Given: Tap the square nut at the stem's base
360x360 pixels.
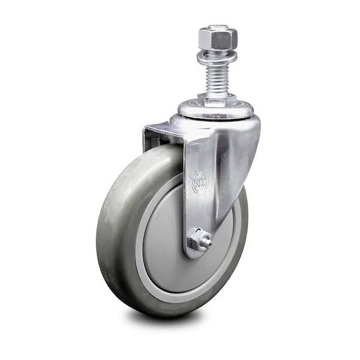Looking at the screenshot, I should click(x=217, y=99).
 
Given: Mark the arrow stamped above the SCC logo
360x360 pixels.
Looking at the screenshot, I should click(x=194, y=175).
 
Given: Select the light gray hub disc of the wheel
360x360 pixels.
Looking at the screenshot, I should click(x=162, y=240).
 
